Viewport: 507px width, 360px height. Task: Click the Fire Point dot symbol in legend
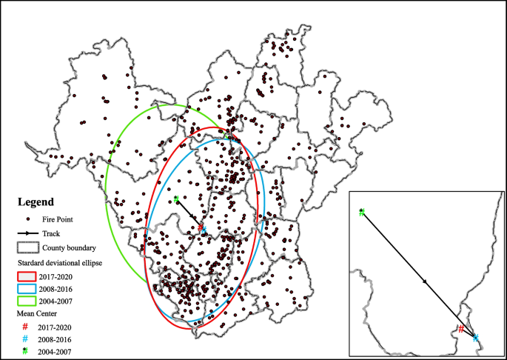(28, 219)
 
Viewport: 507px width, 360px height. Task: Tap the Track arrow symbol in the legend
(28, 233)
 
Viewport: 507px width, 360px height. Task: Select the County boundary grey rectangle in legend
(28, 247)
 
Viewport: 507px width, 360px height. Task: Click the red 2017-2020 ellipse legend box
(28, 276)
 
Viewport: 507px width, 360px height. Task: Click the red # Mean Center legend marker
(26, 326)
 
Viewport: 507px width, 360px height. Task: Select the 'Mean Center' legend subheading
(36, 314)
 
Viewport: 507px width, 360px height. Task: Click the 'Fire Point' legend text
(58, 219)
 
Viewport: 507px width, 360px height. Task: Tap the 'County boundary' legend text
(67, 247)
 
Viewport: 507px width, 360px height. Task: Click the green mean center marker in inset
(361, 212)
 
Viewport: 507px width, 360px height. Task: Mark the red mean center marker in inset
(461, 329)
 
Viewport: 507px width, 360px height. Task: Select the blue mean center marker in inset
(475, 338)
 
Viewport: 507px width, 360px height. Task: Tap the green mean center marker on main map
(176, 199)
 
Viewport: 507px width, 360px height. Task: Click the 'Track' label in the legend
(51, 233)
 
